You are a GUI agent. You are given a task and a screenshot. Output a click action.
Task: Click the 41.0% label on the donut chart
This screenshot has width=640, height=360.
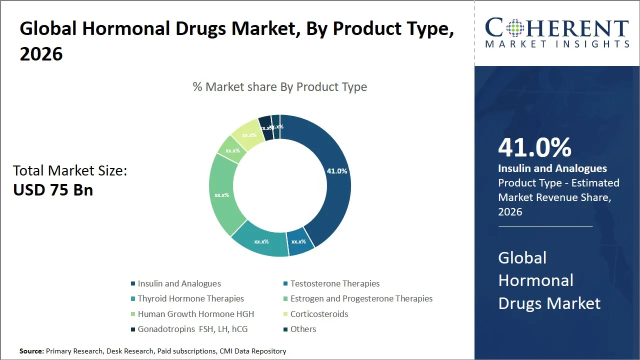coord(336,171)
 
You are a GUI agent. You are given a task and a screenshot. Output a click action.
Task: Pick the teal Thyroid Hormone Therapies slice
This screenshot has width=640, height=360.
coord(261,241)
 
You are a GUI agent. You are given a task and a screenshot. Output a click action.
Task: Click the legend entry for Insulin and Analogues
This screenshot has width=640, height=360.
coord(179,283)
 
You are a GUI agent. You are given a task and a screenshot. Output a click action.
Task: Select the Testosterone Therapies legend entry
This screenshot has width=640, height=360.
coord(334,283)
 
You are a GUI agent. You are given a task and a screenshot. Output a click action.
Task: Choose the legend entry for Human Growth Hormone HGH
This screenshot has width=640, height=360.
coord(195,314)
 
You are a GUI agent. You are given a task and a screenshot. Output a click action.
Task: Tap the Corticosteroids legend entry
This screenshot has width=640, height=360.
coord(319,314)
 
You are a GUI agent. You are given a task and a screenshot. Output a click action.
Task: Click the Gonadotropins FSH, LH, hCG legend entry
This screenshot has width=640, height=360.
coord(192,329)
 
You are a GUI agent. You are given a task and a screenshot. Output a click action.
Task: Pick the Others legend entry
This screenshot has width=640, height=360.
coord(303,329)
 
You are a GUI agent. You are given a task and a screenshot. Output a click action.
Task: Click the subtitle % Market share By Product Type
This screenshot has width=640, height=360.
coord(280,87)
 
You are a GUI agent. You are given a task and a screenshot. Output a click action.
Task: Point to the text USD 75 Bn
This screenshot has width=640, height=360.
coord(53,190)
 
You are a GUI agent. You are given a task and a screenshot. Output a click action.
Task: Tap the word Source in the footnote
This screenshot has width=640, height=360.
coord(31,351)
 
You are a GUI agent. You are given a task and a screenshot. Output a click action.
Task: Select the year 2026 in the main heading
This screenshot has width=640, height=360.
coord(41,53)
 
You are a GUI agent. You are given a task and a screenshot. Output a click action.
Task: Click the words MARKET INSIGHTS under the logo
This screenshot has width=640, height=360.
coord(556,44)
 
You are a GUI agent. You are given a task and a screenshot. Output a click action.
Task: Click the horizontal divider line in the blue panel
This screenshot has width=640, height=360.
coord(545,226)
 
